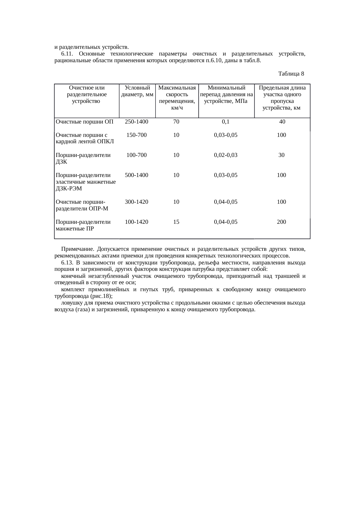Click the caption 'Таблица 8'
pyautogui.click(x=291, y=74)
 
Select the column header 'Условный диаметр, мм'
pyautogui.click(x=137, y=91)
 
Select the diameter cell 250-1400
pyautogui.click(x=136, y=122)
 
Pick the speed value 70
pyautogui.click(x=176, y=122)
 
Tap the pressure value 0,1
pyautogui.click(x=226, y=122)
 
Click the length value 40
pyautogui.click(x=282, y=122)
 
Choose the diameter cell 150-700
pyautogui.click(x=136, y=135)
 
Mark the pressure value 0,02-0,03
pyautogui.click(x=226, y=155)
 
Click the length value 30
pyautogui.click(x=281, y=155)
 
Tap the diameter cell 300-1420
pyautogui.click(x=136, y=202)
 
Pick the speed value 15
pyautogui.click(x=176, y=222)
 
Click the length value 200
pyautogui.click(x=281, y=222)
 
